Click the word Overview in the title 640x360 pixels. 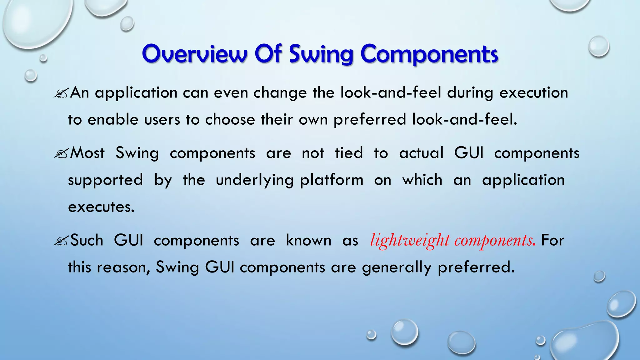tap(195, 54)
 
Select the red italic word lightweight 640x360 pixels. tap(410, 241)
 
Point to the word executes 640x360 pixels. tap(101, 207)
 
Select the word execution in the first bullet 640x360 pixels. tap(533, 93)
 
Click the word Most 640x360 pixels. tap(87, 153)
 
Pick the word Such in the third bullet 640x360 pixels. tap(87, 240)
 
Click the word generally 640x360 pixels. tap(397, 268)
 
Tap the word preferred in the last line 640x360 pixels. tap(476, 268)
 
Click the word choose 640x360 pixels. tap(230, 120)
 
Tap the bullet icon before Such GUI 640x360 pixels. tap(61, 241)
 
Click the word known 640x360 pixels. tap(308, 240)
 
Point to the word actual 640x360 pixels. tap(421, 153)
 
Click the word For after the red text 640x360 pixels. tap(552, 240)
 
